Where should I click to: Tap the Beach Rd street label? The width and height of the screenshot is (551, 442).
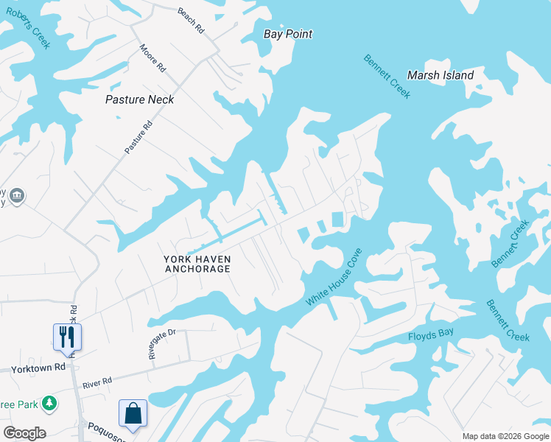click(x=191, y=20)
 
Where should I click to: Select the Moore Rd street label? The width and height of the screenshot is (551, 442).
click(x=152, y=57)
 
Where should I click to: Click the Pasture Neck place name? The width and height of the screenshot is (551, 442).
click(x=140, y=99)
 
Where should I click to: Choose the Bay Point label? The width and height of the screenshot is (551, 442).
click(x=288, y=34)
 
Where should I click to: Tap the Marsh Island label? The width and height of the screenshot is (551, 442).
click(x=441, y=75)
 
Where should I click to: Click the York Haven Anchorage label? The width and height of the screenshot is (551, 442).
click(x=197, y=264)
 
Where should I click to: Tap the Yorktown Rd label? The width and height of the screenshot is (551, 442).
click(x=33, y=368)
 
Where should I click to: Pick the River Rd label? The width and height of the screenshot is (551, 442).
click(x=96, y=382)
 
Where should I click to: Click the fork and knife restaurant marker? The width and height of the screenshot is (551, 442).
click(x=67, y=337)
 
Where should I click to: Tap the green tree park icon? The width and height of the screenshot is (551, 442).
click(x=49, y=404)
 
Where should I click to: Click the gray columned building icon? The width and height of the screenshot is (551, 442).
click(x=18, y=196)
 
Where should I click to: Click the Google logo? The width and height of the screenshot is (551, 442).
click(x=24, y=433)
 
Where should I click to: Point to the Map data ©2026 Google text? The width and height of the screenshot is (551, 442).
click(x=505, y=436)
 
